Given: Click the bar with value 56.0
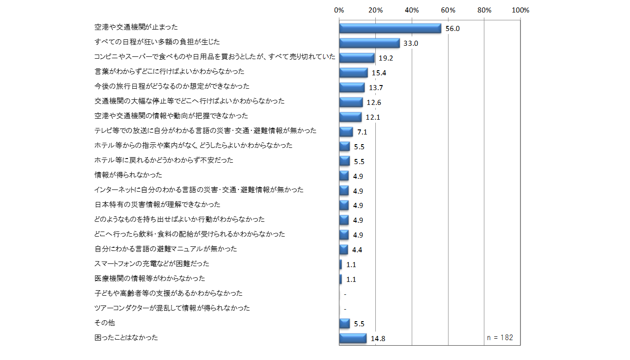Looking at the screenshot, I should pyautogui.click(x=390, y=28).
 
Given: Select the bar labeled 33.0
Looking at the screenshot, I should pyautogui.click(x=369, y=43).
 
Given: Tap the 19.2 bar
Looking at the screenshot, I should pyautogui.click(x=356, y=58).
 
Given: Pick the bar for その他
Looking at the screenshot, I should pyautogui.click(x=344, y=323).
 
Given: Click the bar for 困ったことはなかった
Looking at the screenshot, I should pyautogui.click(x=353, y=338).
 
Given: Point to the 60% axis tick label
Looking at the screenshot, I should pyautogui.click(x=448, y=10).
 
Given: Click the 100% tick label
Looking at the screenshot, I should pyautogui.click(x=520, y=10).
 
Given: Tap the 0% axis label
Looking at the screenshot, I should pyautogui.click(x=339, y=10).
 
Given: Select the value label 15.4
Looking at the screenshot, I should pyautogui.click(x=378, y=73).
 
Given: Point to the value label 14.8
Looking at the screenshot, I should pyautogui.click(x=377, y=339).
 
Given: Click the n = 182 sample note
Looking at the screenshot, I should pyautogui.click(x=500, y=337).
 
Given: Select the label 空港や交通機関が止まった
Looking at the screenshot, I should pyautogui.click(x=136, y=27).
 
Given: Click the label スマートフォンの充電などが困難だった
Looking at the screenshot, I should pyautogui.click(x=152, y=264).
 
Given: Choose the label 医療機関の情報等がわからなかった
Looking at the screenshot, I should pyautogui.click(x=149, y=279).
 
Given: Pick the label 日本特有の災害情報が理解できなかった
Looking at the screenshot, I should pyautogui.click(x=157, y=205).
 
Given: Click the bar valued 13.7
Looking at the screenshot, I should pyautogui.click(x=352, y=87).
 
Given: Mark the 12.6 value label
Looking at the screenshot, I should pyautogui.click(x=373, y=103).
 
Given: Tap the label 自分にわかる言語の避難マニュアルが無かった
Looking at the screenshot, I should pyautogui.click(x=165, y=249).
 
